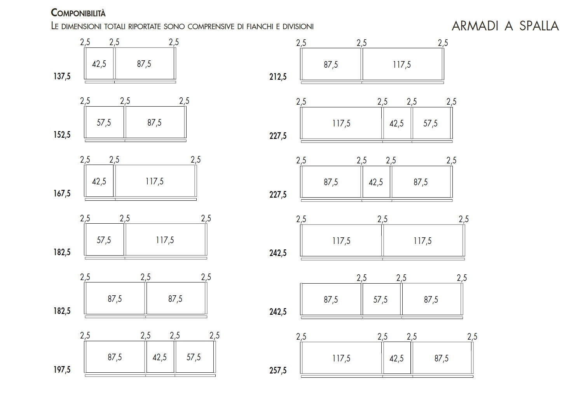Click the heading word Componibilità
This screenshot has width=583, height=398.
pos(78,13)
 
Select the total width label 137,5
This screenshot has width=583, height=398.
pos(62,76)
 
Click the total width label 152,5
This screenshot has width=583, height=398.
pos(62,135)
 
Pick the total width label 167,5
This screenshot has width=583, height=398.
pos(62,193)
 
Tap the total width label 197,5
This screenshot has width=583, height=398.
pos(62,370)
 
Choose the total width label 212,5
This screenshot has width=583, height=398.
pos(278,77)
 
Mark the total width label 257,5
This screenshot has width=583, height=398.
pos(278,370)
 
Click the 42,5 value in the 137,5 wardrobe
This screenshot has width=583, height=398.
pos(99,64)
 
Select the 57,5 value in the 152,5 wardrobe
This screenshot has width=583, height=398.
pos(104,123)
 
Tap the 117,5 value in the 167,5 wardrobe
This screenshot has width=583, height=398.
pos(155,181)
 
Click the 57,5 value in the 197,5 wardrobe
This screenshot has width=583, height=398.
pos(194,357)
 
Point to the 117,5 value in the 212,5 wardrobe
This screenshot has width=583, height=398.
pos(401,65)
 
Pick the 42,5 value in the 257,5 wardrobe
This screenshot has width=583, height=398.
pos(396,358)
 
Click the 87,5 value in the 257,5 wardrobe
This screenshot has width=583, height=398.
pos(442,358)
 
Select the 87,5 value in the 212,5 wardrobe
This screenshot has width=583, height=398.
pos(331,65)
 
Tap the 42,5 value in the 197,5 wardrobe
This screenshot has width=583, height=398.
pos(160,357)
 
